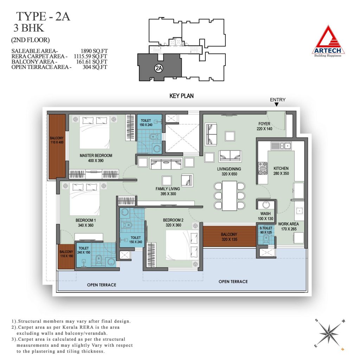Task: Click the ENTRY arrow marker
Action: pos(277,104)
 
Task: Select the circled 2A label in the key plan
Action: pos(159,68)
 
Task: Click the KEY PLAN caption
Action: pos(181,96)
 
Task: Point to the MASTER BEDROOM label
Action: pos(96,155)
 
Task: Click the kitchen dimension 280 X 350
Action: pos(281,173)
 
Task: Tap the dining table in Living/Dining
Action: pos(230,195)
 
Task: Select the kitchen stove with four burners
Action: pos(263,168)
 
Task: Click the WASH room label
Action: pos(265,213)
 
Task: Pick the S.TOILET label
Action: pos(266,228)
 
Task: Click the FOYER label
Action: pos(264,124)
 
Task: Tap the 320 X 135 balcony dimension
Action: pos(229,239)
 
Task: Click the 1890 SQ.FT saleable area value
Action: pos(94,51)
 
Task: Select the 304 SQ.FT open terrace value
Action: pos(95,67)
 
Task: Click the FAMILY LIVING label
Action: pos(168,189)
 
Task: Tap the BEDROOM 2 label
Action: pos(173,220)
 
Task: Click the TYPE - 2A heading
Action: pos(43,17)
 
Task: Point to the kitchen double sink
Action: pos(281,146)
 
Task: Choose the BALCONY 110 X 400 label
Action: pos(57,140)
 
